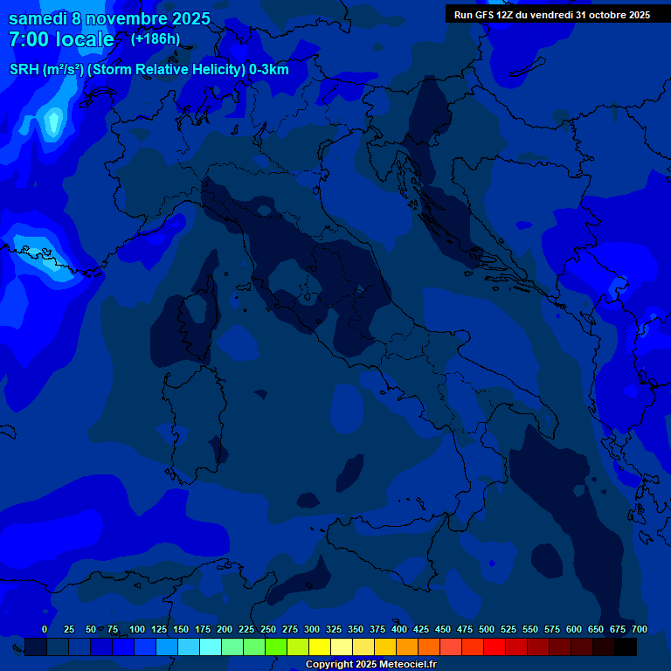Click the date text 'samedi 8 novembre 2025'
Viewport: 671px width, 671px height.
coord(109,18)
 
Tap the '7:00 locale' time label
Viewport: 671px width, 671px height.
coord(61,39)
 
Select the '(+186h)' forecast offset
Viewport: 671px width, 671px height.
coord(156,39)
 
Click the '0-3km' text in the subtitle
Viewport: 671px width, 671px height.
coord(268,70)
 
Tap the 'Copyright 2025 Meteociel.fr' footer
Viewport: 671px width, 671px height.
coord(370,665)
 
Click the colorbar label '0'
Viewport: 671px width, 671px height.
coord(45,629)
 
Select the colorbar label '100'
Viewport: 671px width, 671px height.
coord(137,629)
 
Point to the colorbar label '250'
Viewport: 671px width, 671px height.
coord(268,629)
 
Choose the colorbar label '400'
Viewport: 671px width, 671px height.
coord(399,629)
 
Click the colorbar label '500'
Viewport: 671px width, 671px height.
coord(487,629)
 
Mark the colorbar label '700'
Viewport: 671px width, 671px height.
coord(640,629)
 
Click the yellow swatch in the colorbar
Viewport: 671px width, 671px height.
coord(320,647)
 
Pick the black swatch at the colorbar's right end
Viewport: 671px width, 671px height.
coord(626,647)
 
